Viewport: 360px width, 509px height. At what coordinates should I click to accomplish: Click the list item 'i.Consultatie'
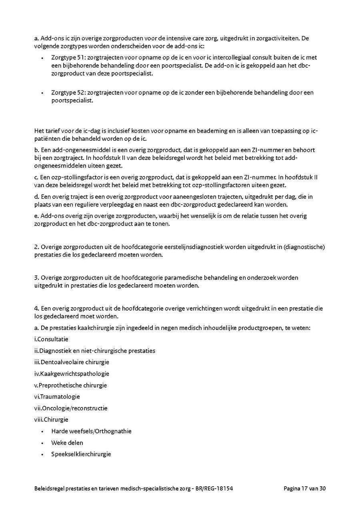pos(51,339)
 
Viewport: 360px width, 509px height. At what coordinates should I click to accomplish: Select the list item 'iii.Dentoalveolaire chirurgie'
pos(72,362)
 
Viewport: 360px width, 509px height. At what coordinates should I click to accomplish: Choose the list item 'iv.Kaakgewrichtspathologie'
pos(72,374)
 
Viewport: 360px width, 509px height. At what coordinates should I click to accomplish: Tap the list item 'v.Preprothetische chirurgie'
pos(70,385)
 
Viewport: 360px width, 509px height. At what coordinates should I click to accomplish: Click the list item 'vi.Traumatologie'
pos(57,397)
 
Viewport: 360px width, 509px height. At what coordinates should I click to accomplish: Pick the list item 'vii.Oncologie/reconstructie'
pos(71,408)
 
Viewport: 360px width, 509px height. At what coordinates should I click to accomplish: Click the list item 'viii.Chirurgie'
pos(51,420)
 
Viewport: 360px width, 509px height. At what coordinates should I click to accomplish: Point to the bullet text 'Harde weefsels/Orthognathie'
pos(91,431)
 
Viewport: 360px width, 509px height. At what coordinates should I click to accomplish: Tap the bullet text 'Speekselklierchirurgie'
pos(81,454)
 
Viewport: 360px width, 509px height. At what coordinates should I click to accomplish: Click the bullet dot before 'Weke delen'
pos(42,443)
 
